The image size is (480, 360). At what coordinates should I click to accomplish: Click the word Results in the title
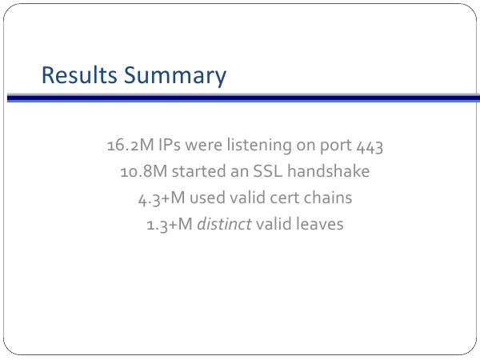click(x=79, y=75)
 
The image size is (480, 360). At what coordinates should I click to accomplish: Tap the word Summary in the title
click(x=175, y=77)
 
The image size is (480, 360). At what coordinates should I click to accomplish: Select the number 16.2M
click(x=130, y=145)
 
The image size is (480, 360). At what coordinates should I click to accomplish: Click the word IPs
click(x=170, y=145)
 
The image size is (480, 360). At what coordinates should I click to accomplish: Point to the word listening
click(x=259, y=146)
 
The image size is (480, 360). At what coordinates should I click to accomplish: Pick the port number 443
click(x=370, y=146)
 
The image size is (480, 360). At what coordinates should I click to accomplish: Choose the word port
click(x=335, y=146)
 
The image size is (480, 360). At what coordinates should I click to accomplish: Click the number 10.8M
click(x=144, y=171)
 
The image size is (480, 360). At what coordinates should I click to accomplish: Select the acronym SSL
click(x=268, y=171)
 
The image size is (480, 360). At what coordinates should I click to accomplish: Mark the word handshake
click(x=329, y=171)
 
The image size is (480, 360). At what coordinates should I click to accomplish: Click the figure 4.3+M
click(x=162, y=198)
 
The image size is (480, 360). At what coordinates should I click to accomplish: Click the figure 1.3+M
click(x=170, y=224)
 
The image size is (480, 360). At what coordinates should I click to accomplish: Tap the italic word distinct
click(x=224, y=224)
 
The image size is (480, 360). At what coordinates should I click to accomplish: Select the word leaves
click(x=319, y=224)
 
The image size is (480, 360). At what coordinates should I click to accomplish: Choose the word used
click(x=207, y=198)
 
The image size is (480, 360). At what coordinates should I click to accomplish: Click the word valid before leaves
click(x=274, y=224)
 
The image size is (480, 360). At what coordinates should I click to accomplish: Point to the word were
click(x=203, y=145)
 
